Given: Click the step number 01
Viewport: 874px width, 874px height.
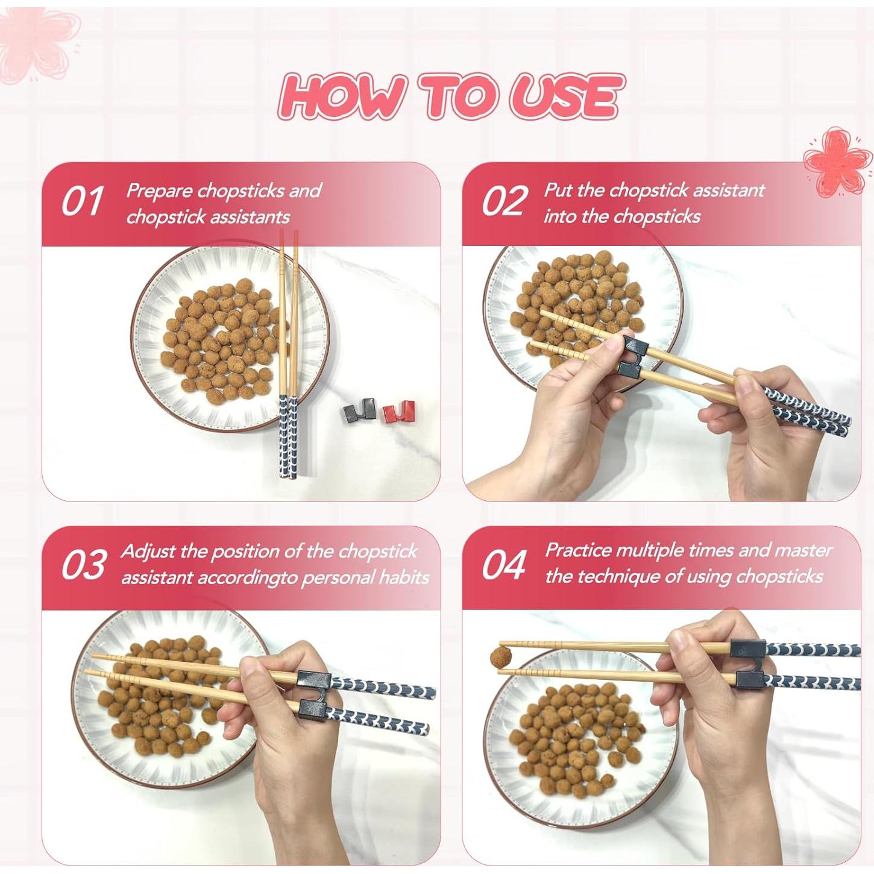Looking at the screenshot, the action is (82, 201).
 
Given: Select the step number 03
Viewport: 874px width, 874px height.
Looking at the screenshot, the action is (84, 564).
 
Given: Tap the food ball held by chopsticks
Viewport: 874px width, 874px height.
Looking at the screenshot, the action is (501, 657).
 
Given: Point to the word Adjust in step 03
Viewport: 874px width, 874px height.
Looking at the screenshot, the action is (149, 552).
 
